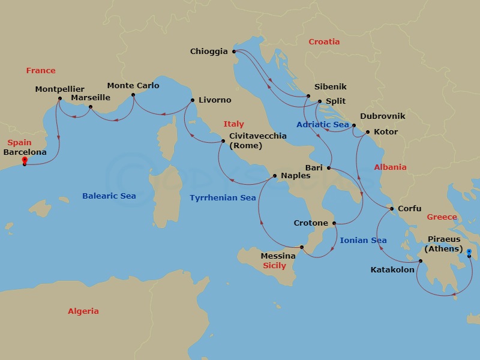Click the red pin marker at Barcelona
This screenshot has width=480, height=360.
24,160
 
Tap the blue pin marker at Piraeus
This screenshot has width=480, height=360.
469,252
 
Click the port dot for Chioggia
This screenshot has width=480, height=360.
234,52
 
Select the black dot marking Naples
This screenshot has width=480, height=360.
274,176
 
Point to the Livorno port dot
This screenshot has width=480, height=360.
192,100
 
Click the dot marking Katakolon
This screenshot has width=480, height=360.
420,260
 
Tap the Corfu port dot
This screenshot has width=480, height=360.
392,209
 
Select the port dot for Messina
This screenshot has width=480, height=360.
302,247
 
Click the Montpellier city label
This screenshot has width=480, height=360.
59,89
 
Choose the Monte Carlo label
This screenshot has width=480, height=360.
133,86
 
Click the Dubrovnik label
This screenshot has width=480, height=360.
383,116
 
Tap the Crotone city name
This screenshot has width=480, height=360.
311,223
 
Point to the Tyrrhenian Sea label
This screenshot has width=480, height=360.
223,197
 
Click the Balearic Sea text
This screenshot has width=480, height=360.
109,196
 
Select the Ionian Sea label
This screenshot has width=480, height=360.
363,241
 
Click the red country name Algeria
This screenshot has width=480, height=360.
83,311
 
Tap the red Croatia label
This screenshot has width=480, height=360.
324,42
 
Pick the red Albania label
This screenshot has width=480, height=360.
390,167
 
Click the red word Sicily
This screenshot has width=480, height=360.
274,265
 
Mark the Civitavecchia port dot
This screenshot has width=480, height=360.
223,142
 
